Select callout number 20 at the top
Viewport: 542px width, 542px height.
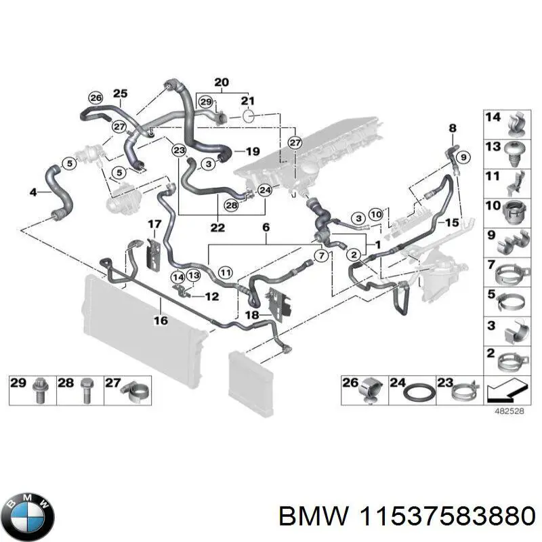pos(222,83)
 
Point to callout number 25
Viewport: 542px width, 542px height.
pos(120,93)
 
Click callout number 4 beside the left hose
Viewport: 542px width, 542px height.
pos(33,192)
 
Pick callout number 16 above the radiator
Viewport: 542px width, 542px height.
pos(160,320)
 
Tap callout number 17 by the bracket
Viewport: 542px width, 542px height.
pos(154,224)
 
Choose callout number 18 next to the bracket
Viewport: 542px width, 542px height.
pos(251,316)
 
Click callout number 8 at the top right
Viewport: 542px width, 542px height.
pos(453,127)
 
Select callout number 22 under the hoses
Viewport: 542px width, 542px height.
pos(217,227)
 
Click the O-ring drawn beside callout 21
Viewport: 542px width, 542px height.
pos(248,117)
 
